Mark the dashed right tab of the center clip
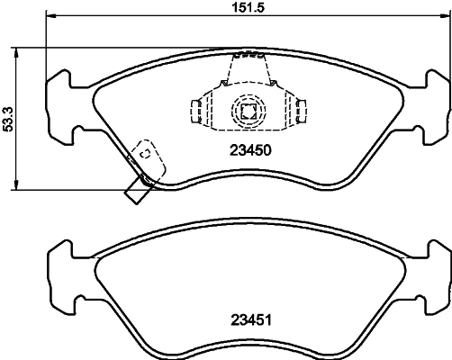click(x=298, y=111)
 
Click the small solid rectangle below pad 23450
click(x=138, y=188)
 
